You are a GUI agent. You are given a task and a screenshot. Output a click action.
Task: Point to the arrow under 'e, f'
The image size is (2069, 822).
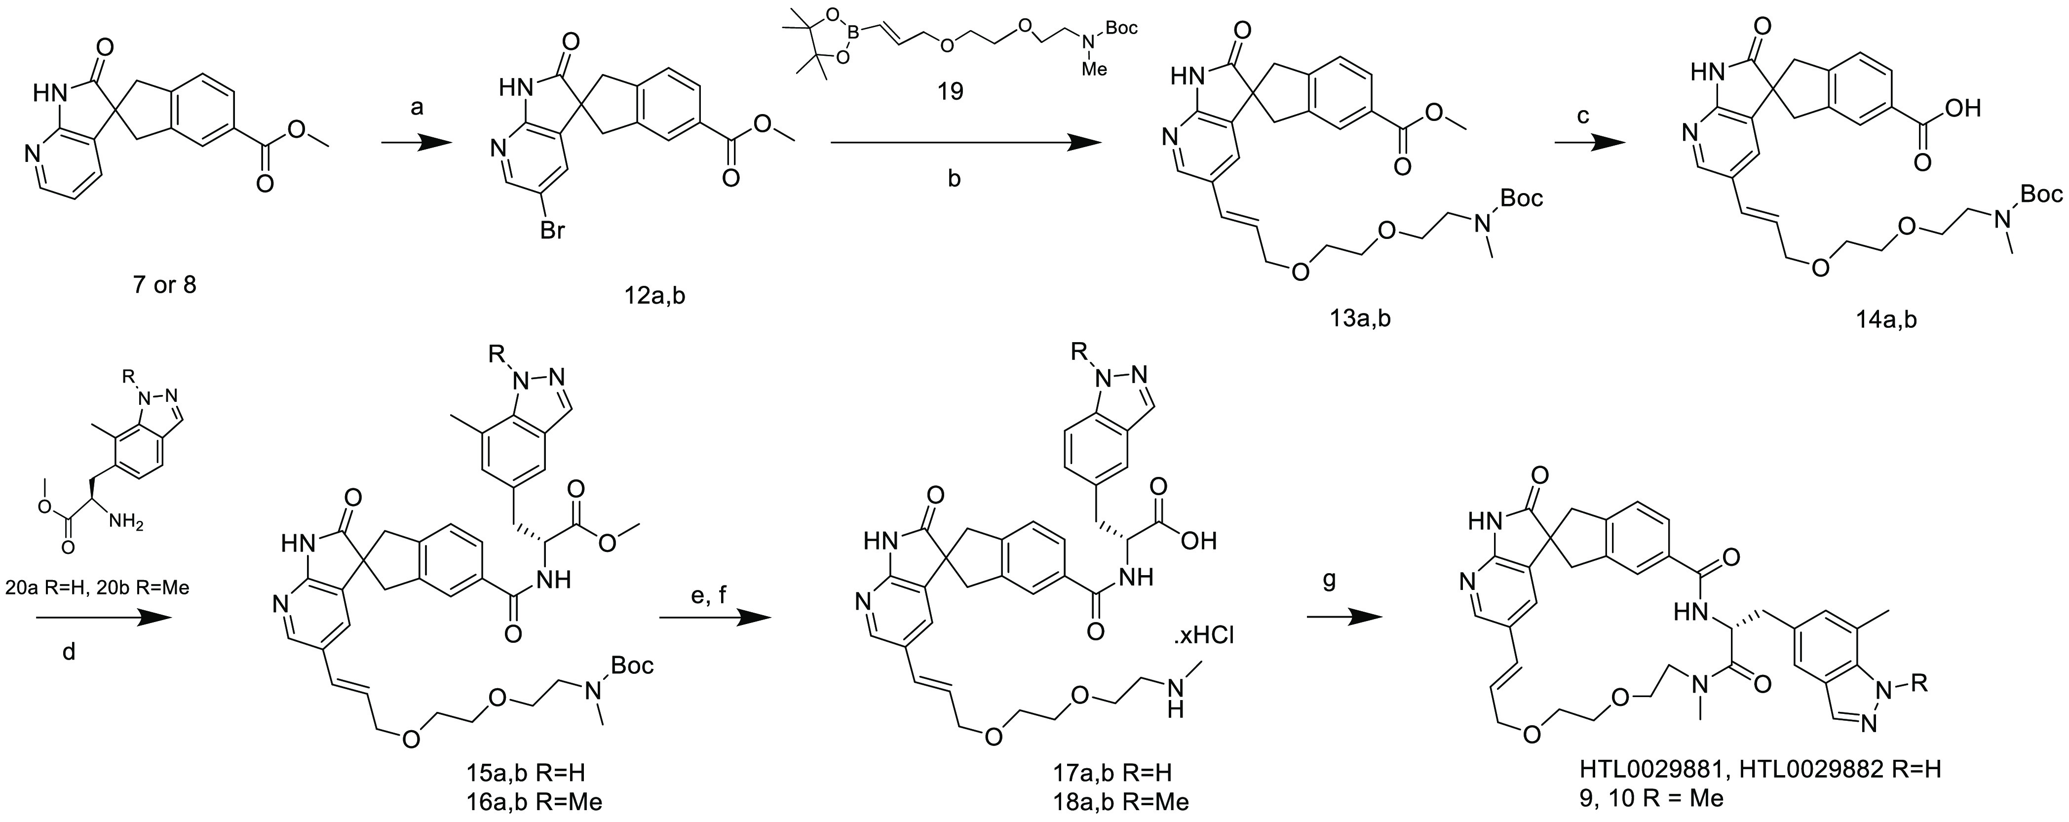[x=714, y=617]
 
